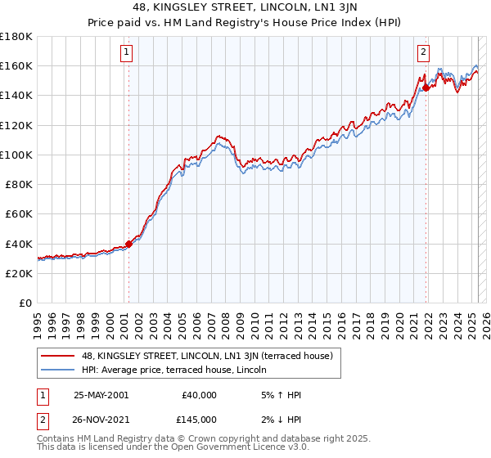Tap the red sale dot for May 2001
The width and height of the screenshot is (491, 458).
tap(128, 244)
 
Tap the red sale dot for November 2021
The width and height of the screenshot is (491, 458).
tap(426, 87)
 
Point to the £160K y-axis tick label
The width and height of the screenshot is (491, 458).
tap(17, 65)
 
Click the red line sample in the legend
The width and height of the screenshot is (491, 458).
tap(58, 357)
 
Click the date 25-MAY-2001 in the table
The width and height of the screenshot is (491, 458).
tap(101, 395)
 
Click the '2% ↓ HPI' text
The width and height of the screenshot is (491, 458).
tap(279, 419)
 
